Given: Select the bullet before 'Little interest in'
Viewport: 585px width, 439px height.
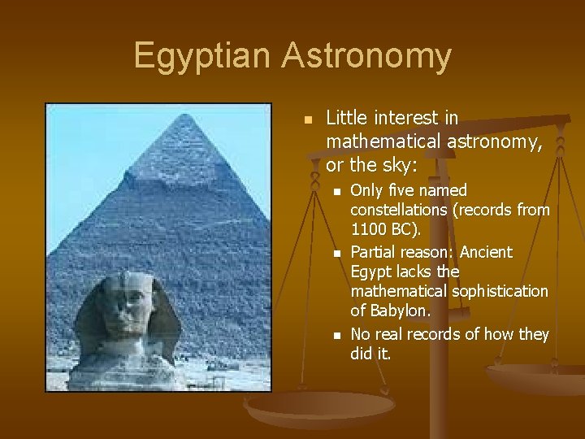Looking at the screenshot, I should tap(307, 119).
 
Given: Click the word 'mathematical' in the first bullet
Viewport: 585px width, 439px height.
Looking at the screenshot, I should tap(383, 141).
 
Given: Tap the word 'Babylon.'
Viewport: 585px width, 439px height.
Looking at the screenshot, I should tap(401, 311).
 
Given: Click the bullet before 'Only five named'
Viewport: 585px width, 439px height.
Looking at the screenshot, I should tap(336, 191).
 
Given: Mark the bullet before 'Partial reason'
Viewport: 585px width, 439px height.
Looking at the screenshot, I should tap(336, 253).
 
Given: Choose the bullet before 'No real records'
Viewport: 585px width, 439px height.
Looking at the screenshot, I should tap(336, 335).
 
